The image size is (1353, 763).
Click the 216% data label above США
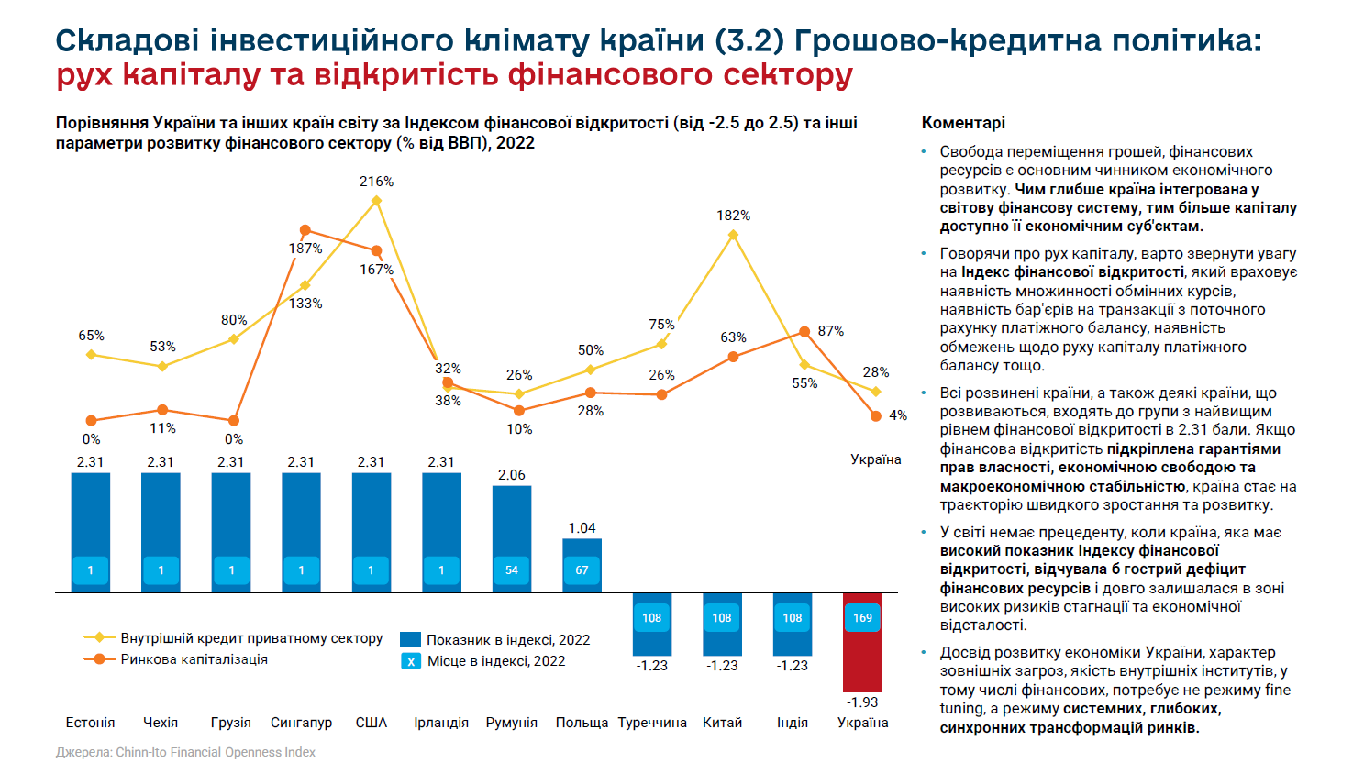[x=376, y=182]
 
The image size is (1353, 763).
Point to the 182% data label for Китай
[x=733, y=216]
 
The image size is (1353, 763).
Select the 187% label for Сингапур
[x=305, y=249]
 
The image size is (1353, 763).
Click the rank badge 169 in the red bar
[x=862, y=617]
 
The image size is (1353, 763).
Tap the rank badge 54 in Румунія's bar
[x=512, y=570]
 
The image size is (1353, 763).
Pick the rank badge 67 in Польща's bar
[x=582, y=570]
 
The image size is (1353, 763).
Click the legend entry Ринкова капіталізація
[x=194, y=659]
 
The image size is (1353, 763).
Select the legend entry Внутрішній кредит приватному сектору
[x=250, y=638]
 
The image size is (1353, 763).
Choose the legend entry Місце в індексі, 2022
[x=495, y=661]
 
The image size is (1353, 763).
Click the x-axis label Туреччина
[x=652, y=723]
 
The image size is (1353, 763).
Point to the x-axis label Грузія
[x=231, y=723]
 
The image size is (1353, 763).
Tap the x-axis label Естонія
[x=90, y=723]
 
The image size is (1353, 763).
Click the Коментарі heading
[x=963, y=123]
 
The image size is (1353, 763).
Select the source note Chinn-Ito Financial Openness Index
[x=215, y=752]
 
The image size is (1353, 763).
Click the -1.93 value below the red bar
[x=862, y=702]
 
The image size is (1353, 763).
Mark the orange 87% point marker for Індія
[x=804, y=332]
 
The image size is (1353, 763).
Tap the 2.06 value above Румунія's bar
[x=512, y=475]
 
